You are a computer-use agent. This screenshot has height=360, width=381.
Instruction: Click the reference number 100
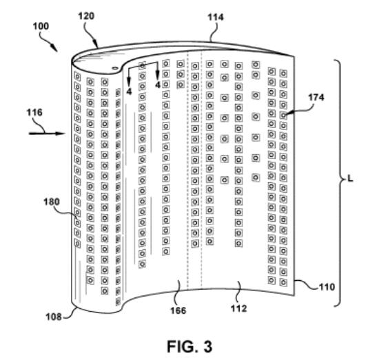(41, 26)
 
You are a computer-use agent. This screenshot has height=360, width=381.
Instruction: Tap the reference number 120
(86, 16)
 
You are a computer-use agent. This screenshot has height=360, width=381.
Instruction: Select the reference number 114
(215, 17)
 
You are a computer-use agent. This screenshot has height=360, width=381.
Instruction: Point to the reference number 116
(34, 112)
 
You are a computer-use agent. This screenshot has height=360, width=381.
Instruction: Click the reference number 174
(316, 97)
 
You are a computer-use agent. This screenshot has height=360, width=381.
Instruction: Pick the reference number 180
(52, 202)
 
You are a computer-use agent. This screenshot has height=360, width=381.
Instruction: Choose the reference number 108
(54, 317)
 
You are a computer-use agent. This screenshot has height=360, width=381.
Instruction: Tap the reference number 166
(178, 310)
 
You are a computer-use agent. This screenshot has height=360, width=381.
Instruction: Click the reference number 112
(239, 308)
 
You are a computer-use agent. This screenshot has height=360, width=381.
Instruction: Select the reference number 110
(327, 287)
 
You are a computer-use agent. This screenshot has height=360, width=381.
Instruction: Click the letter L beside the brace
(350, 179)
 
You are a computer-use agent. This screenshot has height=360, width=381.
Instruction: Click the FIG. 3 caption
(189, 346)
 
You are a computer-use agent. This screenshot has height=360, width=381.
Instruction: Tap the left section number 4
(129, 92)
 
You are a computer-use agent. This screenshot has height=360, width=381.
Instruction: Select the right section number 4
(158, 85)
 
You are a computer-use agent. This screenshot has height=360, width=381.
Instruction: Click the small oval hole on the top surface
(114, 68)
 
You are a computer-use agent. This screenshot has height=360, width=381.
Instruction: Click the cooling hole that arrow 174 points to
(283, 115)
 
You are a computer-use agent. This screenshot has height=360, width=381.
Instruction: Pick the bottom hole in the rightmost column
(283, 282)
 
